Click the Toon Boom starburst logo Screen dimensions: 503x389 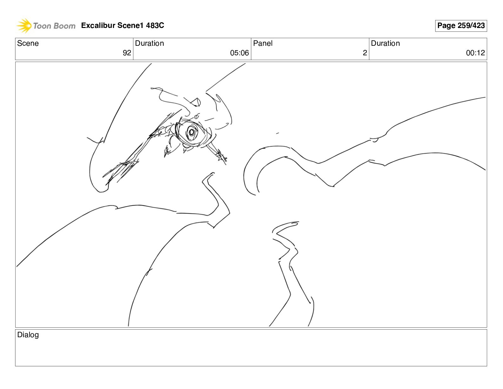click(24, 25)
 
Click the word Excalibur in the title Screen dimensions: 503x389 click(98, 25)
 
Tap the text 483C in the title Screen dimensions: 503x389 click(155, 25)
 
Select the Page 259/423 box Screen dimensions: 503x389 click(461, 26)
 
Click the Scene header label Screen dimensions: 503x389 click(28, 43)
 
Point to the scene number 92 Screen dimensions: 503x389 click(127, 53)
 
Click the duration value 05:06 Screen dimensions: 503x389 click(239, 53)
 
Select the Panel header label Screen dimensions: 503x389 click(263, 43)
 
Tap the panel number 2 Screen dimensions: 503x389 click(365, 53)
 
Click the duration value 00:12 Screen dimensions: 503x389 click(475, 53)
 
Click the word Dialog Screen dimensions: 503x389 click(28, 335)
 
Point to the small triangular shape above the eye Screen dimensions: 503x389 click(196, 102)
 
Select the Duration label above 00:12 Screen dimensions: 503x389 click(386, 43)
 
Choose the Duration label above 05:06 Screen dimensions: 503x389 click(150, 43)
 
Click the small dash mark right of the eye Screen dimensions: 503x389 click(277, 133)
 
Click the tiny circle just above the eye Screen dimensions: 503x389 click(197, 117)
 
